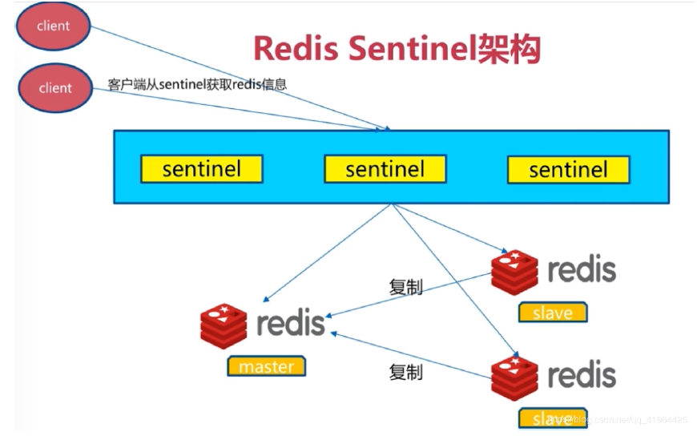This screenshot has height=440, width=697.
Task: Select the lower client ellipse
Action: [x=54, y=87]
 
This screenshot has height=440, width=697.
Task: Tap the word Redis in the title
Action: [x=296, y=49]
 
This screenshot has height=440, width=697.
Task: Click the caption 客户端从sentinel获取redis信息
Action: [x=196, y=84]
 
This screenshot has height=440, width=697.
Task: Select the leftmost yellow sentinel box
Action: [x=201, y=169]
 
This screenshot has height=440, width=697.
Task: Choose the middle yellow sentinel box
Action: [x=385, y=169]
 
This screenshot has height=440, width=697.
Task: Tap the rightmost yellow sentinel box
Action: [x=568, y=169]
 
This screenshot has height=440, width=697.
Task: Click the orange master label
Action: [x=266, y=366]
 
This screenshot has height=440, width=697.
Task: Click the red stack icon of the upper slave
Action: [x=514, y=272]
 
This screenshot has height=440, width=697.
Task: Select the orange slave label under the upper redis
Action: [x=552, y=313]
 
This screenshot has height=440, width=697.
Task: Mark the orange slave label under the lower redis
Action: [x=552, y=418]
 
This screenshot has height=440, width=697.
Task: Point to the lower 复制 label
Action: [x=405, y=372]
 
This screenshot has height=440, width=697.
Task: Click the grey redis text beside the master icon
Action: [x=291, y=324]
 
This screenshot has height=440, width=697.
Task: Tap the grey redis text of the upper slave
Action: [x=582, y=270]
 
